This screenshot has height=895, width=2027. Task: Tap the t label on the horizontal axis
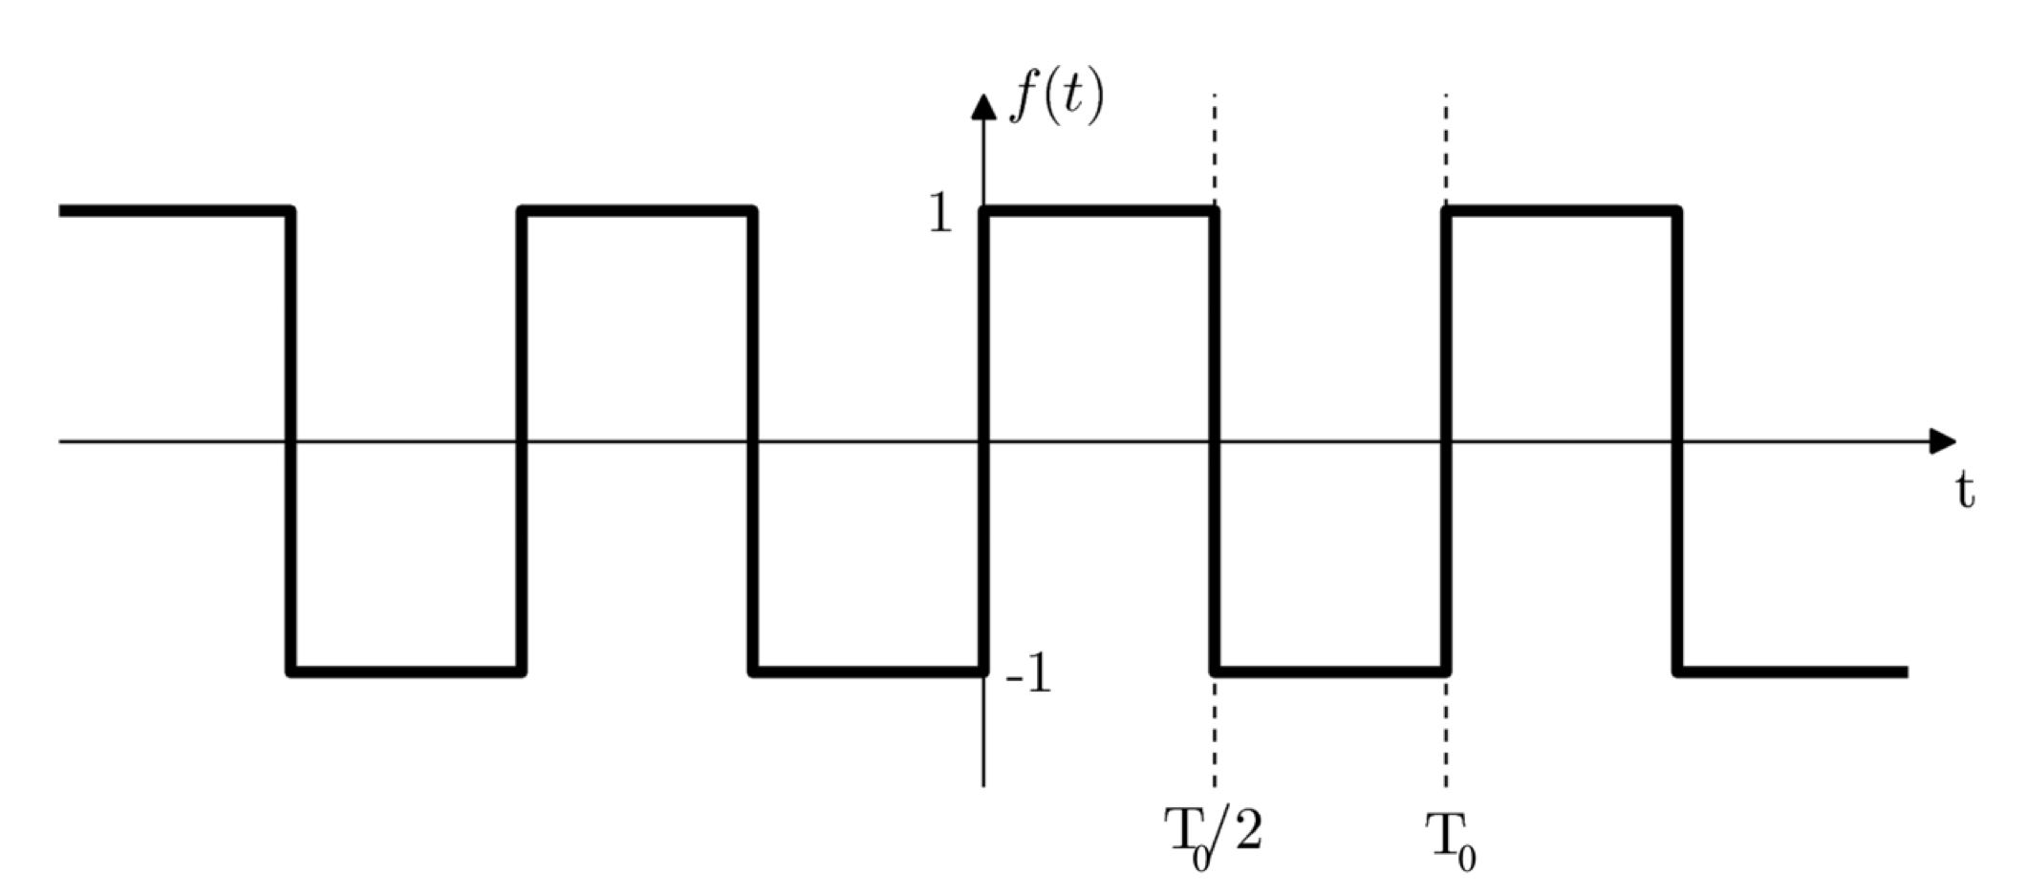(1964, 491)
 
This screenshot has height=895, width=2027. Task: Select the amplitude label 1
(941, 215)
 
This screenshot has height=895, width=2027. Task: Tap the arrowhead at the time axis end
(1942, 441)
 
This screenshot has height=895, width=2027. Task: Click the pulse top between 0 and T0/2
(1099, 210)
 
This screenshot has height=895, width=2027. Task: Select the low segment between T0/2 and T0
(1330, 671)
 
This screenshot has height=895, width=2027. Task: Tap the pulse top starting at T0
(1563, 210)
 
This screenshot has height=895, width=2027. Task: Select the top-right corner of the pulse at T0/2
(1215, 211)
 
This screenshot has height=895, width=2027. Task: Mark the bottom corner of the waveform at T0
(1446, 671)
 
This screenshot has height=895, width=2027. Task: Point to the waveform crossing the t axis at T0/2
(1215, 441)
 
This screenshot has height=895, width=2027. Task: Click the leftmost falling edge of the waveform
(291, 441)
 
